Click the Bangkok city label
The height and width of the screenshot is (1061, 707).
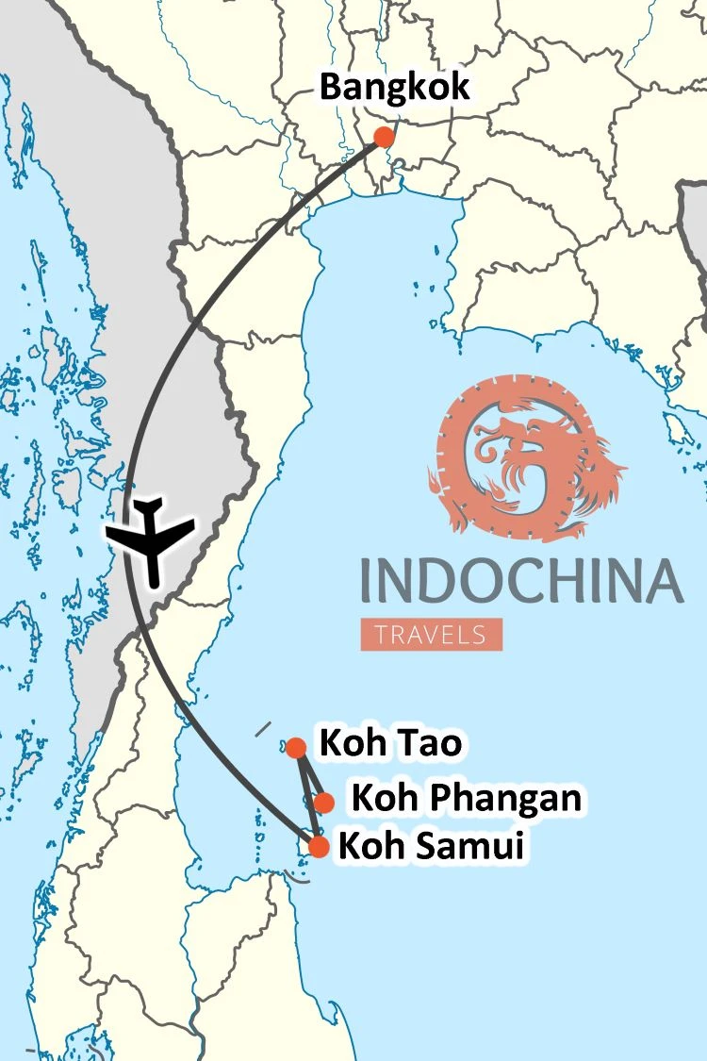(x=394, y=88)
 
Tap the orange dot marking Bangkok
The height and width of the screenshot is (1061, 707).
(x=383, y=137)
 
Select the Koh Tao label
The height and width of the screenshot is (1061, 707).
(x=391, y=744)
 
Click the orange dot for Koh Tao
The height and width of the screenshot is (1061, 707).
(x=296, y=748)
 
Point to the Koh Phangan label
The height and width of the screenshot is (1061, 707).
(x=466, y=800)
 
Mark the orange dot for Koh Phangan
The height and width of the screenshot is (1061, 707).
(x=323, y=803)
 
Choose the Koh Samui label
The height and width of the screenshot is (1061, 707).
(x=430, y=846)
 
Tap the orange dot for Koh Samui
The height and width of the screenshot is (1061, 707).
(x=319, y=847)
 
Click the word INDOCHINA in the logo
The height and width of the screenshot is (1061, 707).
(x=521, y=580)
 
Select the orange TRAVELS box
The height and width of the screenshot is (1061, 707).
(x=431, y=634)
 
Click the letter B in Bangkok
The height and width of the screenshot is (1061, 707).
(x=331, y=88)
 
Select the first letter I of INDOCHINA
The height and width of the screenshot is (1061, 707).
(x=366, y=581)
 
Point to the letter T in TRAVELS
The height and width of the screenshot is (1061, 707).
(x=381, y=634)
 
